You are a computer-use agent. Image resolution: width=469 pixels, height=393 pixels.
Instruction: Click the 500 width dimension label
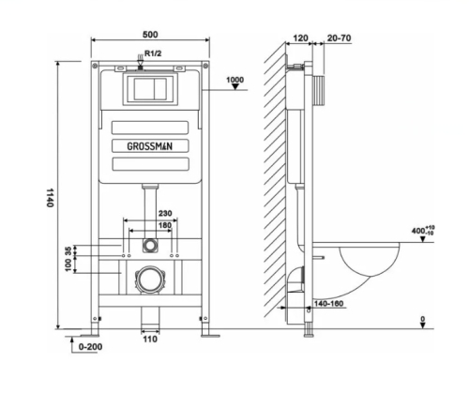(x=150, y=34)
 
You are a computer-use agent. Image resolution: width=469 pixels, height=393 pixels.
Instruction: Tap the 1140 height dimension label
(x=50, y=198)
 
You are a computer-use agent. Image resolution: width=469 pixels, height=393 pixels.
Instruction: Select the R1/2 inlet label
(x=153, y=53)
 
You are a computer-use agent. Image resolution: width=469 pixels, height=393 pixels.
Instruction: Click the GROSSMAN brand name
(x=149, y=146)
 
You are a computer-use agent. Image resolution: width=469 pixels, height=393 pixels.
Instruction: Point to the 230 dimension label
(x=165, y=213)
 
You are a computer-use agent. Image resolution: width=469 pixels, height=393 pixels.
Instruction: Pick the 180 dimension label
(x=165, y=225)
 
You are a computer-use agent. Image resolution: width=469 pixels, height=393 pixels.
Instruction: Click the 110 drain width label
(x=150, y=340)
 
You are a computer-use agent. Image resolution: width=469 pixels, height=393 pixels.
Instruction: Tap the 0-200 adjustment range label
(x=90, y=347)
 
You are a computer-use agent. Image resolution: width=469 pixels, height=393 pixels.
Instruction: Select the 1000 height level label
(x=234, y=80)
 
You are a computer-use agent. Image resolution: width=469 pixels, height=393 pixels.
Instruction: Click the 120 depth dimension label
(x=300, y=38)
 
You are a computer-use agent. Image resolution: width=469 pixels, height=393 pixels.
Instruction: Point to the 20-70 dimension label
(x=340, y=38)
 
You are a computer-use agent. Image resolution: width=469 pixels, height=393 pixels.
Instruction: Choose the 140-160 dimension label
(x=328, y=304)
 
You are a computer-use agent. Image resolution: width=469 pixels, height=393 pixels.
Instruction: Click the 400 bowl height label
(x=423, y=231)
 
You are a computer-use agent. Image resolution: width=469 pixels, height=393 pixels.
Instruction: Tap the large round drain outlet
(x=150, y=280)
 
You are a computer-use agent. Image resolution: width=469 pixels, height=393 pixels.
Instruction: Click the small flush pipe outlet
(x=150, y=245)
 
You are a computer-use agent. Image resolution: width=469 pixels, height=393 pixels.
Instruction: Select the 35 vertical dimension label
(x=68, y=250)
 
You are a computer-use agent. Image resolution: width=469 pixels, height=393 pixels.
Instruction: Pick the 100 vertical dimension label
(x=68, y=265)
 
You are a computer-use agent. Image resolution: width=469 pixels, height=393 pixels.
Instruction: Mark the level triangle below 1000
(x=235, y=86)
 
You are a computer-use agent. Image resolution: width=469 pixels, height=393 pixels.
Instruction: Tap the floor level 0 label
(x=423, y=319)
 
